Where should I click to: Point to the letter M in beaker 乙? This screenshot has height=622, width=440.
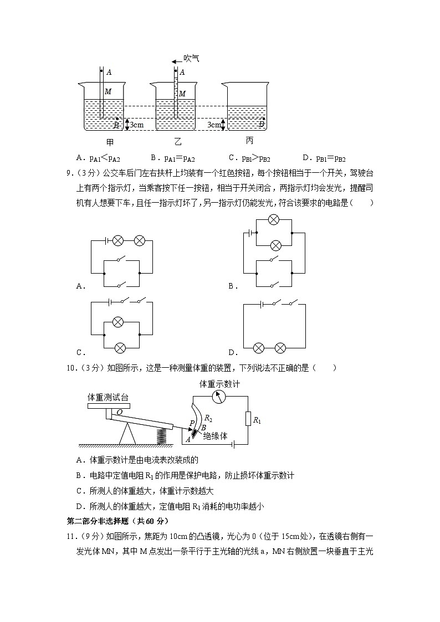(182, 94)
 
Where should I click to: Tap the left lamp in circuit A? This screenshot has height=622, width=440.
(117, 240)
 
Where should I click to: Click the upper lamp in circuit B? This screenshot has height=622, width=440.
(273, 220)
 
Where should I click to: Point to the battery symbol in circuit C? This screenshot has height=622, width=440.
(111, 302)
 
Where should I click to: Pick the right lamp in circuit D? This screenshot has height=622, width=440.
(280, 348)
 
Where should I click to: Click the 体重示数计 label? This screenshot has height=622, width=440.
(220, 384)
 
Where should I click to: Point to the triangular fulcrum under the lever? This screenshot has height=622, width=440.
(127, 433)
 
